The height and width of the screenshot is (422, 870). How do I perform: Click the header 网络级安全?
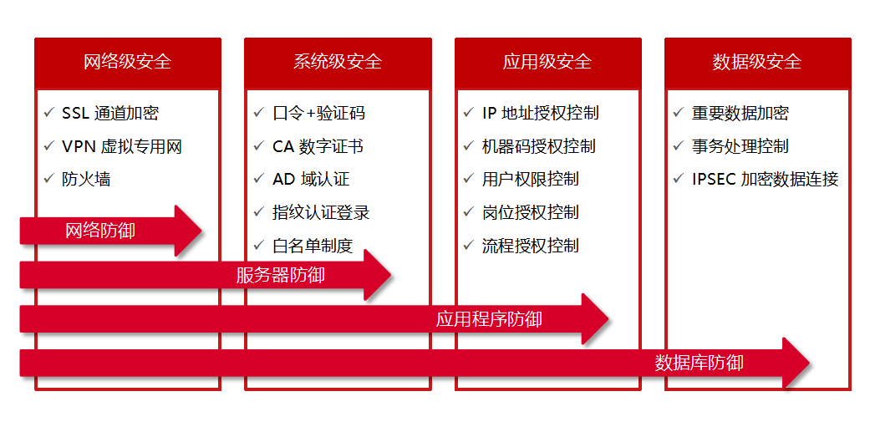[128, 62]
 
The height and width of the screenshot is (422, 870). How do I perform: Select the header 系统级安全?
[338, 62]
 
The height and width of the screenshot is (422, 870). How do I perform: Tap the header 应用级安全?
[547, 62]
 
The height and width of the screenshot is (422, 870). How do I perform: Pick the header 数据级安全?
[757, 62]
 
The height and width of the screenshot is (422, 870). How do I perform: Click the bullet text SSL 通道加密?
[110, 114]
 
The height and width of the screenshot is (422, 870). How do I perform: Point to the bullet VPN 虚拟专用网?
[122, 146]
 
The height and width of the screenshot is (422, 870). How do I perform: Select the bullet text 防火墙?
[86, 179]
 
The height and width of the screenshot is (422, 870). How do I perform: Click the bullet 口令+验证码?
[318, 114]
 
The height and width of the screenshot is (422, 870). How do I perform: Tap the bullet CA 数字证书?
[318, 146]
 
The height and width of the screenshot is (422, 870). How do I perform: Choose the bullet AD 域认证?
[311, 179]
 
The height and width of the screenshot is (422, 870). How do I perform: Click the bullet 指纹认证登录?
[321, 212]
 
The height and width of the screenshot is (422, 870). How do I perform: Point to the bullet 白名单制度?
[313, 246]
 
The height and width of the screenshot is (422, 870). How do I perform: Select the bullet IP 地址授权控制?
[541, 114]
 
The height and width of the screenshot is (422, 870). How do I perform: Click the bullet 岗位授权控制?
[530, 212]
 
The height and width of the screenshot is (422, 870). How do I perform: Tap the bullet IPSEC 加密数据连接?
[765, 179]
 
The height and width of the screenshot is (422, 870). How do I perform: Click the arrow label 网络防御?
[99, 231]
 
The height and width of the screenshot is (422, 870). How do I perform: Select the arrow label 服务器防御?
[280, 275]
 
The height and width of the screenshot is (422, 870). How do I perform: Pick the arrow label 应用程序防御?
[489, 319]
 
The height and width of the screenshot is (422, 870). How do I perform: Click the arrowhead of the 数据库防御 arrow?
[794, 363]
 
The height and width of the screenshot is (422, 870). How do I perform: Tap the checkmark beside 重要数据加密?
[679, 113]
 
